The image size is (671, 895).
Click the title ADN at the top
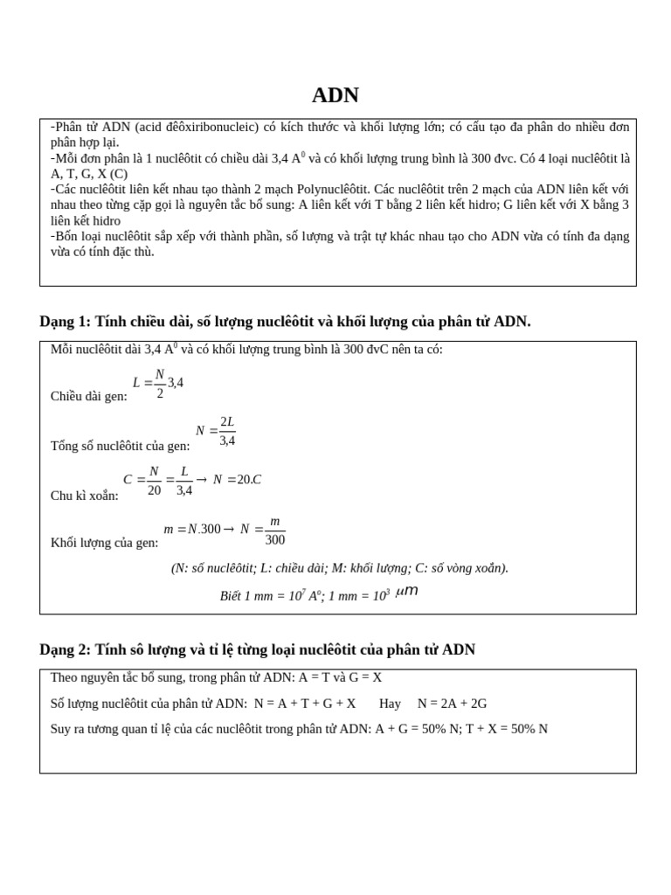tap(335, 95)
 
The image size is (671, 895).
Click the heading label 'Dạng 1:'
tap(65, 322)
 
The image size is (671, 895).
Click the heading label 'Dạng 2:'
tap(65, 649)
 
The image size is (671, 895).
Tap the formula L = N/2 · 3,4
tap(158, 383)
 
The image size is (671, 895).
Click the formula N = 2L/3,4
tap(216, 431)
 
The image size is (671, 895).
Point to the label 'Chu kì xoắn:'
tap(85, 496)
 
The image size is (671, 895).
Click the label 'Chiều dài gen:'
tap(88, 396)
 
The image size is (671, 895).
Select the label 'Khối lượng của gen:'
tap(104, 543)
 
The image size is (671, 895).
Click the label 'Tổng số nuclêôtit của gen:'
tap(120, 446)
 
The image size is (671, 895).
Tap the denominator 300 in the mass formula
tap(275, 540)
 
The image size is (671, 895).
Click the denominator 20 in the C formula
tap(154, 490)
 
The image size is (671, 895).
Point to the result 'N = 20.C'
tap(237, 480)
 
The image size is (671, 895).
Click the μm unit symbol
tap(407, 592)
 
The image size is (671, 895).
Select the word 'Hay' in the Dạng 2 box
tap(390, 703)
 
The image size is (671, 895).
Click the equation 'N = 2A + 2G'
tap(452, 703)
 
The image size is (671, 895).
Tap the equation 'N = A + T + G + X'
tap(305, 703)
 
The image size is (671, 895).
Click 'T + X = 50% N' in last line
tap(507, 729)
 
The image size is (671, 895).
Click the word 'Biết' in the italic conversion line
tap(232, 596)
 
